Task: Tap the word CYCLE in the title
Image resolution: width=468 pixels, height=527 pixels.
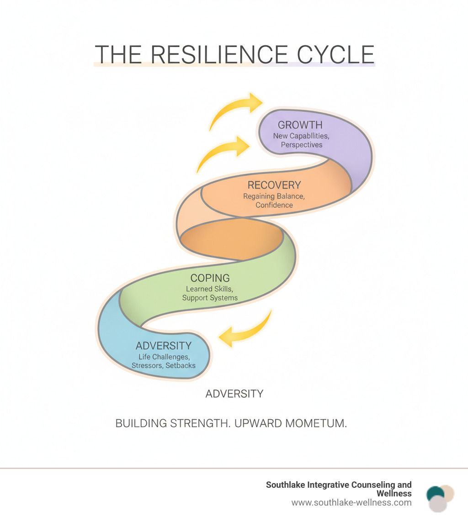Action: pyautogui.click(x=335, y=55)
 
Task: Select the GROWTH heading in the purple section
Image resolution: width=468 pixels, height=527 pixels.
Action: pyautogui.click(x=300, y=125)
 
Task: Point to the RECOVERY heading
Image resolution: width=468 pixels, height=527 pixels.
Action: pyautogui.click(x=274, y=185)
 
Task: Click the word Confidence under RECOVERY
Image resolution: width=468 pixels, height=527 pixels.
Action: pyautogui.click(x=274, y=205)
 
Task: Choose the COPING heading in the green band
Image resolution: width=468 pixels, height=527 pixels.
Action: pyautogui.click(x=210, y=278)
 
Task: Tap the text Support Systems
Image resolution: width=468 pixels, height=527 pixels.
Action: pyautogui.click(x=210, y=298)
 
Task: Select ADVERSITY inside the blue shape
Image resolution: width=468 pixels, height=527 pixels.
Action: pyautogui.click(x=163, y=346)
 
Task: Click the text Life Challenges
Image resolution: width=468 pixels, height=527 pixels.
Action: pyautogui.click(x=164, y=356)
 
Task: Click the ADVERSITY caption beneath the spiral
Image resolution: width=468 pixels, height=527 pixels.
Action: pyautogui.click(x=234, y=394)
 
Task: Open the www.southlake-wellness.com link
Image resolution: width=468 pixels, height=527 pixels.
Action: pyautogui.click(x=351, y=503)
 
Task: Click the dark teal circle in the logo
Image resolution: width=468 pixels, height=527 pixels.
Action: pyautogui.click(x=435, y=494)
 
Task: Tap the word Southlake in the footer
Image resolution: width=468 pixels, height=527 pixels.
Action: pyautogui.click(x=287, y=485)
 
